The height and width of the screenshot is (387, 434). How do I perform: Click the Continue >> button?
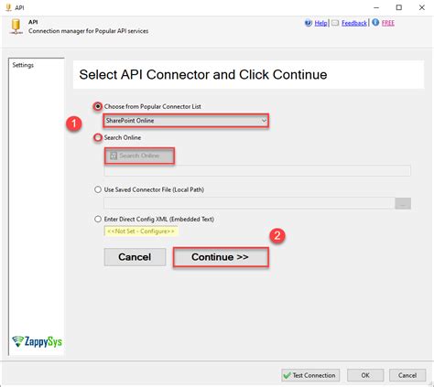click(220, 257)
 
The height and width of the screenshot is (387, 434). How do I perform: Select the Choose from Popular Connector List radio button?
click(98, 106)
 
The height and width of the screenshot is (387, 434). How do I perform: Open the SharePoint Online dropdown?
click(186, 121)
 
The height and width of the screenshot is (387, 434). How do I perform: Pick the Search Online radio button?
click(98, 137)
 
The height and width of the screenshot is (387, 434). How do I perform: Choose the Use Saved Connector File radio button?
click(98, 189)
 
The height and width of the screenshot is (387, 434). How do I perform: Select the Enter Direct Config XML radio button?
click(98, 219)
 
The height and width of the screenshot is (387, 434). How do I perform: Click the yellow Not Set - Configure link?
click(140, 231)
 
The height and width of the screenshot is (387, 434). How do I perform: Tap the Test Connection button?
click(311, 374)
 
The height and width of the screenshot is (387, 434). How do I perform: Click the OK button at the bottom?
click(364, 374)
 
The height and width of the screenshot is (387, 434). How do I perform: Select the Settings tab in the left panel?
click(23, 65)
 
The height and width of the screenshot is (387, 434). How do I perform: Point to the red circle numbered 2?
click(277, 235)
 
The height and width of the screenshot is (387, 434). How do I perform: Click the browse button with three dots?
click(402, 203)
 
